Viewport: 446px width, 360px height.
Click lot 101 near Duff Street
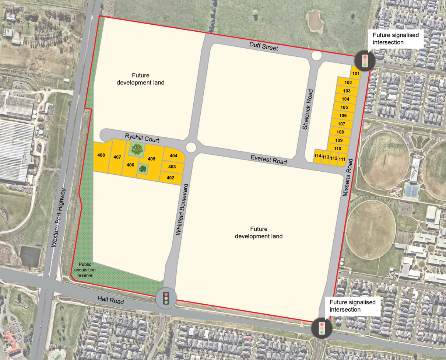pyautogui.click(x=355, y=73)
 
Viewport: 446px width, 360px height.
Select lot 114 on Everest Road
pyautogui.click(x=318, y=156)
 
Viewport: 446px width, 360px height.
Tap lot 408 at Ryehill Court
pyautogui.click(x=101, y=155)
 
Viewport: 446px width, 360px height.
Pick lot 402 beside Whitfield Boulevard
pyautogui.click(x=171, y=178)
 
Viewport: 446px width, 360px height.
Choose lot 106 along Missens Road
pyautogui.click(x=343, y=115)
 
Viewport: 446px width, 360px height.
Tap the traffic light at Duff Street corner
pyautogui.click(x=365, y=60)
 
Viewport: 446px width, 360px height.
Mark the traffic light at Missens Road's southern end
pyautogui.click(x=322, y=328)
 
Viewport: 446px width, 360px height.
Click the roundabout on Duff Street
pyautogui.click(x=316, y=56)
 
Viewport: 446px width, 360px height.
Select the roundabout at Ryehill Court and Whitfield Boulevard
pyautogui.click(x=191, y=147)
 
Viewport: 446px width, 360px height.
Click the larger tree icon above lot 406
pyautogui.click(x=137, y=149)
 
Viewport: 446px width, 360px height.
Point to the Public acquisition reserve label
pyautogui.click(x=85, y=270)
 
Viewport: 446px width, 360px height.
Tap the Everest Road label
pyautogui.click(x=269, y=159)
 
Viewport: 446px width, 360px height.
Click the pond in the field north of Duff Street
pyautogui.click(x=315, y=22)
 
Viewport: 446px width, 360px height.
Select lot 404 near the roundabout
pyautogui.click(x=173, y=155)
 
